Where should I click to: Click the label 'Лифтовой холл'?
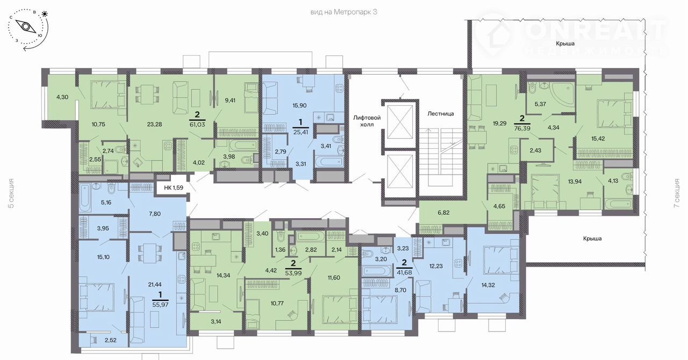click(367, 121)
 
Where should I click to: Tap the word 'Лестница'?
click(440, 114)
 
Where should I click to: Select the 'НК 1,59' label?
click(174, 188)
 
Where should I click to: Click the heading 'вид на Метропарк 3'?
click(343, 12)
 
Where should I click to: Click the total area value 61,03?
click(197, 125)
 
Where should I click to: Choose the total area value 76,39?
click(522, 128)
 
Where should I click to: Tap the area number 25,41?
click(300, 132)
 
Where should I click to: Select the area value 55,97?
click(160, 305)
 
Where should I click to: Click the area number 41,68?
click(404, 272)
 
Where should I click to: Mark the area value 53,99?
click(293, 273)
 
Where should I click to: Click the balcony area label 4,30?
click(62, 97)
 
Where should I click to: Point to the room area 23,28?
click(154, 125)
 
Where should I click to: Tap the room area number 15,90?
click(299, 105)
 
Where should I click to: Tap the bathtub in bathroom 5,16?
click(85, 197)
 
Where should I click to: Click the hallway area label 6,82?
click(443, 212)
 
